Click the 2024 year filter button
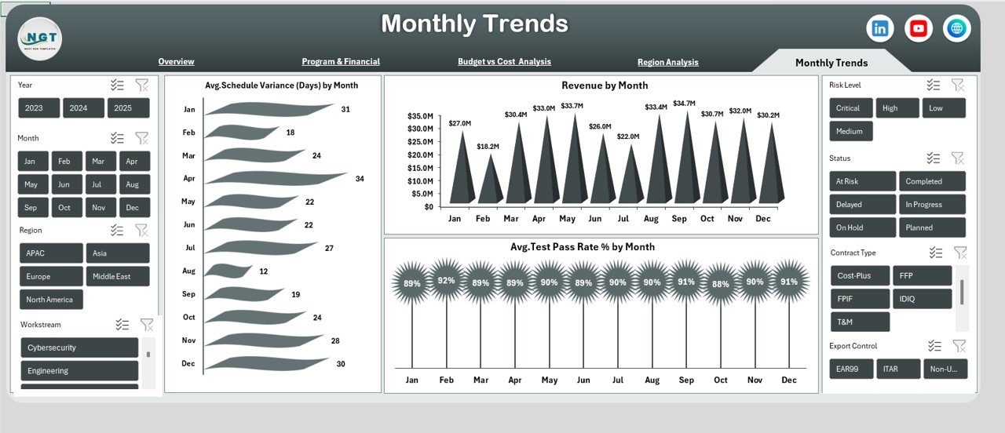(x=83, y=108)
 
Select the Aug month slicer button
(x=132, y=184)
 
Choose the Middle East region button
(x=118, y=276)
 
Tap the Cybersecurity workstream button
(x=79, y=347)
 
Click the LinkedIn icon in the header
(x=880, y=28)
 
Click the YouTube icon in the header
(x=919, y=28)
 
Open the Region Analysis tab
(x=667, y=62)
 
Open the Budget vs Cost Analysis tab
(x=504, y=61)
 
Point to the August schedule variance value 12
(x=264, y=271)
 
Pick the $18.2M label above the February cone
(x=488, y=146)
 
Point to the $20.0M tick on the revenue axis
(x=420, y=155)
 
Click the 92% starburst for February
(x=446, y=280)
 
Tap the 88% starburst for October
(x=720, y=284)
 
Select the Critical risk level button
(x=848, y=108)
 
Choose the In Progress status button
(x=932, y=204)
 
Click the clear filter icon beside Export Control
(x=959, y=346)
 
